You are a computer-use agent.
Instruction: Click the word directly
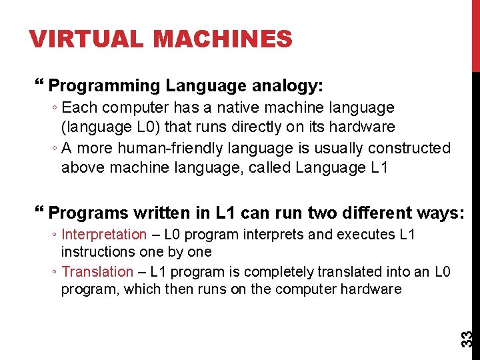point(237,127)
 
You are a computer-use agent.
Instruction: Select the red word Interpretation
point(103,235)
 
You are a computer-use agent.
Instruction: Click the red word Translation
point(97,272)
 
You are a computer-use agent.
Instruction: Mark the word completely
point(280,272)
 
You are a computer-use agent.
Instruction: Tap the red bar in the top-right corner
point(475,33)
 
